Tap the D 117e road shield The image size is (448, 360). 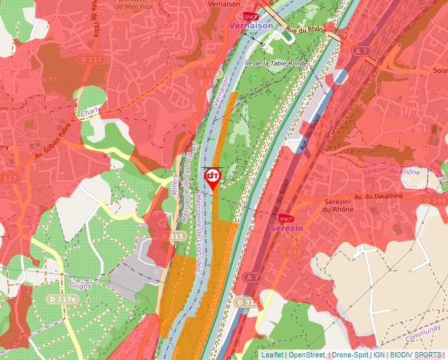coord(61,299)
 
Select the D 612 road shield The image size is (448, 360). coord(290,251)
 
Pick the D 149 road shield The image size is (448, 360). coord(435,200)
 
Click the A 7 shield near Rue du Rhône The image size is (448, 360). coord(360,51)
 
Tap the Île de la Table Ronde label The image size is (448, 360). coord(275,64)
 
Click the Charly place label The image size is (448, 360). coord(89,113)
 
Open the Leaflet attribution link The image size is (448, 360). coord(271,355)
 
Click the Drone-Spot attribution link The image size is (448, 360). coord(350,355)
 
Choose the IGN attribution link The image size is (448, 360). coord(379,355)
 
